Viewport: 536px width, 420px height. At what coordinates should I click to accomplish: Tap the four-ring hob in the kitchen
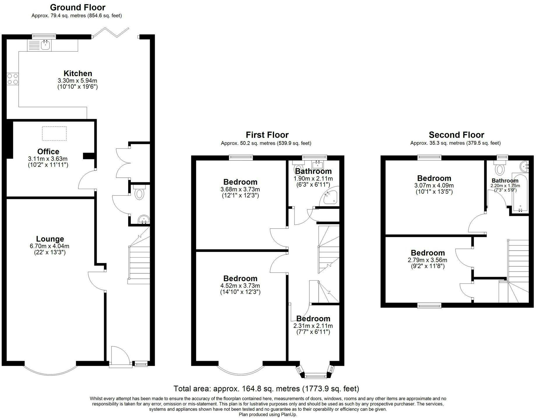click(x=13, y=78)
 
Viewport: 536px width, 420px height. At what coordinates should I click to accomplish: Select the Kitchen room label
click(x=78, y=73)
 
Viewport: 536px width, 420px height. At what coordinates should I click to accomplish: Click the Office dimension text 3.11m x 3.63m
click(x=48, y=159)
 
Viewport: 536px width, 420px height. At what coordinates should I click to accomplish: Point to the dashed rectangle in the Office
click(x=54, y=133)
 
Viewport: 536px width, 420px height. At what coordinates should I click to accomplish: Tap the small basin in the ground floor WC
click(x=143, y=220)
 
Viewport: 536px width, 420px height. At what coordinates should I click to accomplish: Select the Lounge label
click(x=50, y=239)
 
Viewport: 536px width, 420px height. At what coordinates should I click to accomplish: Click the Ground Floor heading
click(x=78, y=7)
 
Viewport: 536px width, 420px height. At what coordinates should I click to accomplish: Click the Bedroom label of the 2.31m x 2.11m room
click(x=313, y=318)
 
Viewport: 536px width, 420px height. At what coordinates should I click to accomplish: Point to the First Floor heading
click(x=267, y=135)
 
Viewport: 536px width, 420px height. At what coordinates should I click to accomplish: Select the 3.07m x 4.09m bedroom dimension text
click(x=434, y=185)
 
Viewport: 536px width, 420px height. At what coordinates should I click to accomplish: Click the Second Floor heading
click(x=456, y=135)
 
